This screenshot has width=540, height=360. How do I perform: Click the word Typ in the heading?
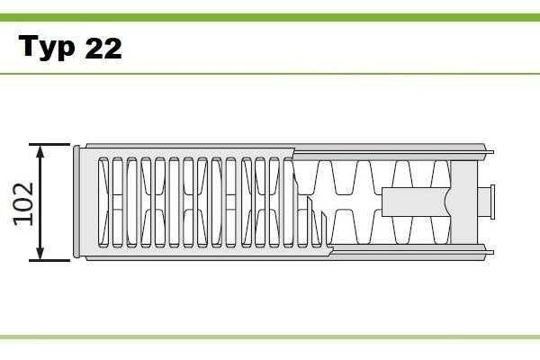(x=46, y=47)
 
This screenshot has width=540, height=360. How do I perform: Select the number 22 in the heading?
(x=103, y=48)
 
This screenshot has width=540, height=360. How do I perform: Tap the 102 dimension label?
(x=23, y=204)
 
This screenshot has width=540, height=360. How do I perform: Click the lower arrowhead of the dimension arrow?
(x=40, y=253)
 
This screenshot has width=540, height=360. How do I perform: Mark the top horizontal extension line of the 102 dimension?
(x=49, y=144)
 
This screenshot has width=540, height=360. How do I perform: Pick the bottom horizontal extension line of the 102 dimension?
(x=49, y=260)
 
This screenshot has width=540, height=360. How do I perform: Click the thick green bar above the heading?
(x=270, y=17)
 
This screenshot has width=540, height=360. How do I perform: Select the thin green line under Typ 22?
(x=270, y=74)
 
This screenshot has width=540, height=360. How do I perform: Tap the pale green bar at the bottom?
(x=270, y=337)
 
